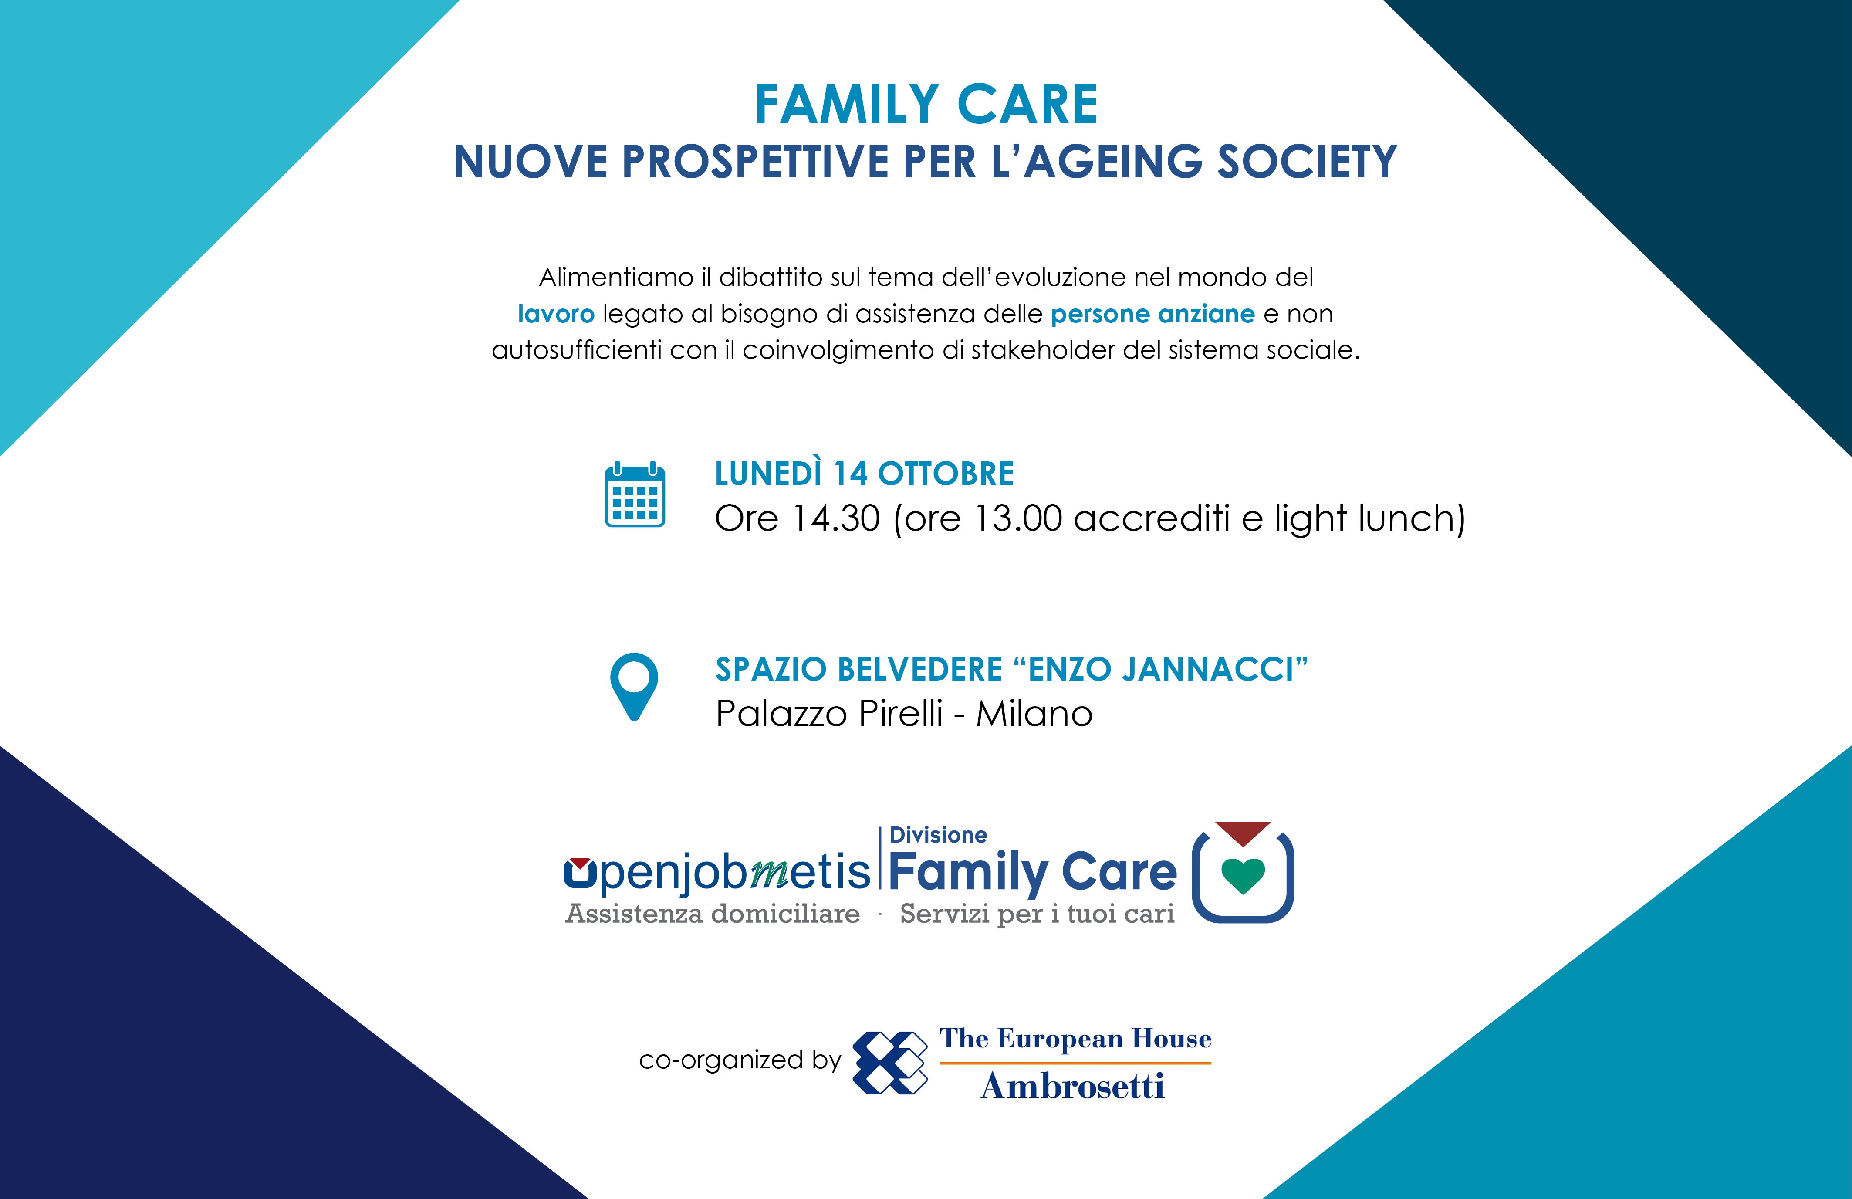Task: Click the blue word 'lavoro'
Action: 556,314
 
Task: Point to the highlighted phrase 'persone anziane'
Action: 1152,314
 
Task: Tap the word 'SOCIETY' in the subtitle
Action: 1307,162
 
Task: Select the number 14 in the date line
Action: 850,474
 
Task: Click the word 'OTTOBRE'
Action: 946,474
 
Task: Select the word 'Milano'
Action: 1034,714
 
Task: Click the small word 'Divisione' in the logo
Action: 939,835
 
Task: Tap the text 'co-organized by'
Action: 740,1060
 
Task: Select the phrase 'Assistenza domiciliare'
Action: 713,913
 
